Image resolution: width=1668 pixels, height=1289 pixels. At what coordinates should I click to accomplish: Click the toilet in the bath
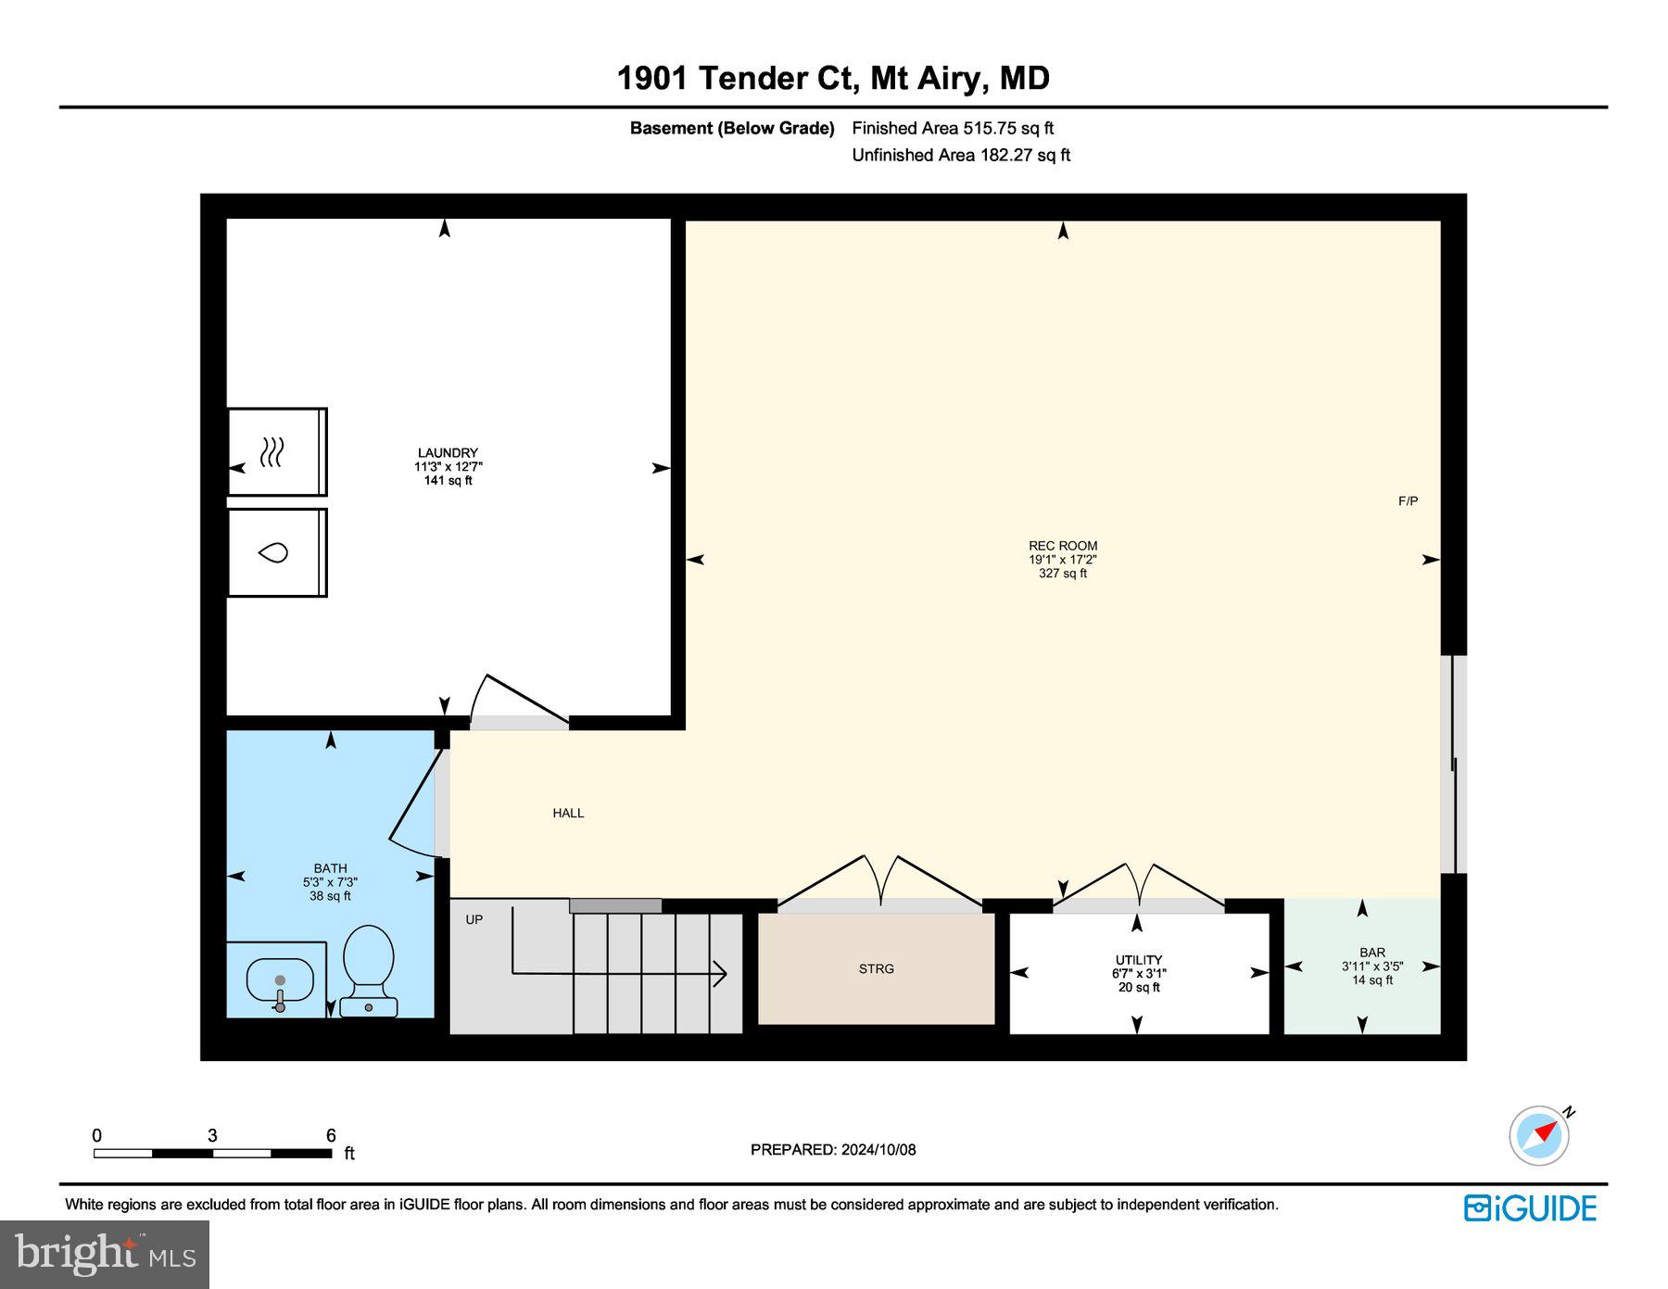pos(369,968)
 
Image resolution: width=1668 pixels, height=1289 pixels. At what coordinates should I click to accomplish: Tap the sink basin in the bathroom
pos(280,980)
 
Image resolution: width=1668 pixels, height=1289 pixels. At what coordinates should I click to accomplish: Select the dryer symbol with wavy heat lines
pos(272,452)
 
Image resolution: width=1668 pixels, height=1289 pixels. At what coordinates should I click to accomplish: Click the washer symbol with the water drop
pos(273,553)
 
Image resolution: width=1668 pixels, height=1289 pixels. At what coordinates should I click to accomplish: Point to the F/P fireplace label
pos(1408,501)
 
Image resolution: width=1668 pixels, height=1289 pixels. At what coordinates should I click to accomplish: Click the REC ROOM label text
pos(1062,546)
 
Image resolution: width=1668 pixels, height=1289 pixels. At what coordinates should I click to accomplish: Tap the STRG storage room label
pos(876,969)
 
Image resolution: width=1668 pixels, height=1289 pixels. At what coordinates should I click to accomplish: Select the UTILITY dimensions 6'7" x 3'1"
pos(1139,974)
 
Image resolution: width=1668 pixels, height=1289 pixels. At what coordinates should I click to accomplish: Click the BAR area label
pos(1372,953)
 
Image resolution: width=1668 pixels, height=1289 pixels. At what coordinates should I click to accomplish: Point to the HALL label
pos(568,813)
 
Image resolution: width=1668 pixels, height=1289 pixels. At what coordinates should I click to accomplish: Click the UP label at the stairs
pos(474,919)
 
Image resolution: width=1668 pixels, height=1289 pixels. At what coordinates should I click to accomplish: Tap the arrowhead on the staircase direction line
pos(720,974)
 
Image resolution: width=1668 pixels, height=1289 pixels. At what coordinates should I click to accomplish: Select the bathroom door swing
pos(414,806)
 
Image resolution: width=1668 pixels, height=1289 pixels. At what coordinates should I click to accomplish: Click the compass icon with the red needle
pos(1539,1135)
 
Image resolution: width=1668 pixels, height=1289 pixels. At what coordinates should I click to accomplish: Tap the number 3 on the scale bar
pos(213,1136)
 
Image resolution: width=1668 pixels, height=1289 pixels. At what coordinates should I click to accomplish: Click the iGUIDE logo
pos(1530,1208)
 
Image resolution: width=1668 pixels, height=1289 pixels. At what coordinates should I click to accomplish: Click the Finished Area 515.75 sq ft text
pos(953,129)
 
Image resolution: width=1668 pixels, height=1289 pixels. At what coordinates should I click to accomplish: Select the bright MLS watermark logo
pos(105,1254)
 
